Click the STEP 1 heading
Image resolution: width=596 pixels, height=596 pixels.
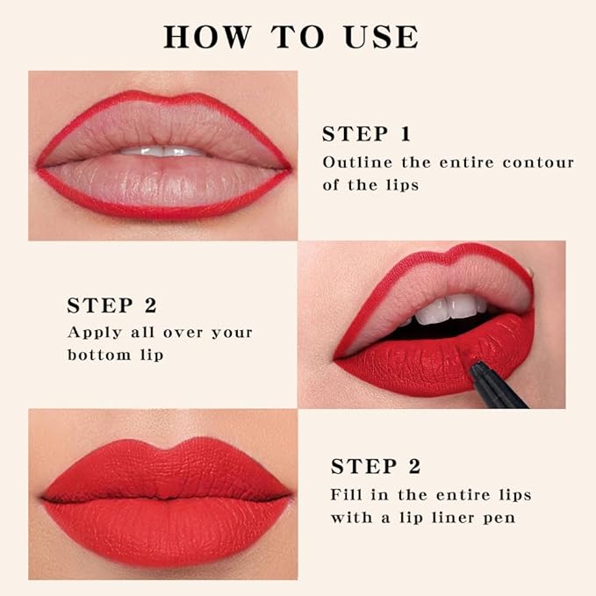click(x=366, y=134)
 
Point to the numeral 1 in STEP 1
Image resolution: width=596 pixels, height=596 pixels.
click(x=405, y=134)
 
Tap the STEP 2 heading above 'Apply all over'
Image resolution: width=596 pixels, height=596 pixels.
click(x=111, y=305)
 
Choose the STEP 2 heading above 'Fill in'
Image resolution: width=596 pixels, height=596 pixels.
click(x=376, y=467)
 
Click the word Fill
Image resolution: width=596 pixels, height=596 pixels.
click(x=347, y=495)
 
